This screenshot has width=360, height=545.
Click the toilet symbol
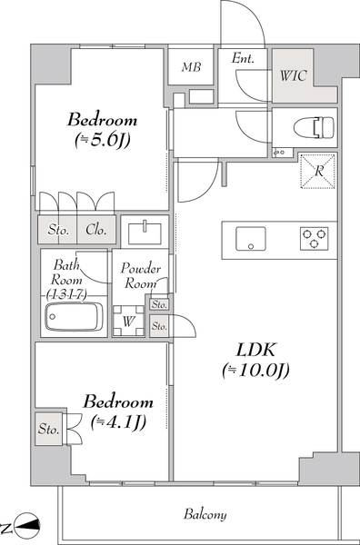pos(314,127)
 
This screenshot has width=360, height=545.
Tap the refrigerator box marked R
pos(318,171)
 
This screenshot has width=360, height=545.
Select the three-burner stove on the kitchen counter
pos(314,238)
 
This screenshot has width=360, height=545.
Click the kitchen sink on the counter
pos(251,238)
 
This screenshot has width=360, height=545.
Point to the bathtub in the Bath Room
pos(74,317)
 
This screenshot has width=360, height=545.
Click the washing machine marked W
pos(128,322)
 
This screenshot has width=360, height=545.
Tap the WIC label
pos(294,75)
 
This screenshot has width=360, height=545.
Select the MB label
pos(191,66)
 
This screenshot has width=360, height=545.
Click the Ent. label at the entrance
pos(243,58)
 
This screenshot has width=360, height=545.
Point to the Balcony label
pos(205,514)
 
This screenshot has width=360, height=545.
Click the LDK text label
pos(255,350)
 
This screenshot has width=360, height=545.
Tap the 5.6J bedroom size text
pos(102,140)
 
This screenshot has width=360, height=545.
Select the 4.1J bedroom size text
pos(118,422)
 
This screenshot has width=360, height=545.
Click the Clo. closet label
pos(95,230)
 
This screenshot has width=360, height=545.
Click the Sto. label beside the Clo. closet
pos(58,230)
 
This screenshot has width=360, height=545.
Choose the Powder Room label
pos(140,275)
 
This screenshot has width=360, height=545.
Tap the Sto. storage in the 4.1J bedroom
pos(48,429)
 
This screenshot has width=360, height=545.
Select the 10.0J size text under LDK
pos(255,371)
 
